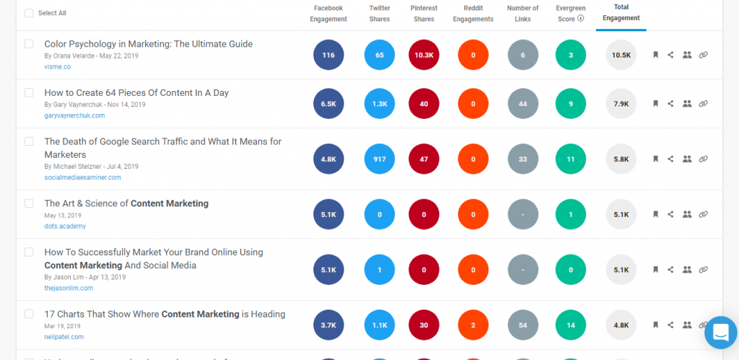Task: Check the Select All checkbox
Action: pyautogui.click(x=29, y=13)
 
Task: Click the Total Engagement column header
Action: pyautogui.click(x=621, y=13)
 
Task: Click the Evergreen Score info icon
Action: pyautogui.click(x=581, y=19)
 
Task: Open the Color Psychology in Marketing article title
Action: pyautogui.click(x=148, y=44)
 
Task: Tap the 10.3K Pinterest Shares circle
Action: pyautogui.click(x=424, y=55)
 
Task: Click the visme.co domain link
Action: pyautogui.click(x=58, y=67)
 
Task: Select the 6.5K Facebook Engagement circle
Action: pyautogui.click(x=328, y=104)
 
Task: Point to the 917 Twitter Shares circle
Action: pyautogui.click(x=380, y=159)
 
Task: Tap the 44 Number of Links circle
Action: pyautogui.click(x=523, y=104)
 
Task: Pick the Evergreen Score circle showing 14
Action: pyautogui.click(x=571, y=325)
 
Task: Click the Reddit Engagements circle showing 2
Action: pyautogui.click(x=473, y=325)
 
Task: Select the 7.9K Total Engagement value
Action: pyautogui.click(x=621, y=104)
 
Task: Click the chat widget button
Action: pyautogui.click(x=720, y=332)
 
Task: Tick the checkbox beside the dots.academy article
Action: pyautogui.click(x=29, y=203)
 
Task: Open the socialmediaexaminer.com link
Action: pyautogui.click(x=82, y=177)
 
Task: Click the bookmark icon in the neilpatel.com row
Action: pyautogui.click(x=655, y=325)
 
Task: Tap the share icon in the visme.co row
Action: pyautogui.click(x=670, y=55)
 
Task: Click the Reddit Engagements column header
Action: pyautogui.click(x=473, y=13)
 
